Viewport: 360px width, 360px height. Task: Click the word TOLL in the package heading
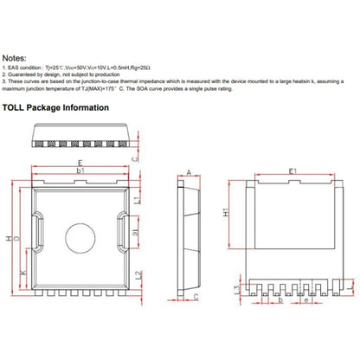coord(22,108)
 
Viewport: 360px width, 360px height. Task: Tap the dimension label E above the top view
coord(80,162)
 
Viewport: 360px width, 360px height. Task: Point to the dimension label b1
coord(80,172)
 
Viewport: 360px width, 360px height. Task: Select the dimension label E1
coord(292,172)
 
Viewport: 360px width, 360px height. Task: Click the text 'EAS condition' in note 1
coord(32,65)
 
